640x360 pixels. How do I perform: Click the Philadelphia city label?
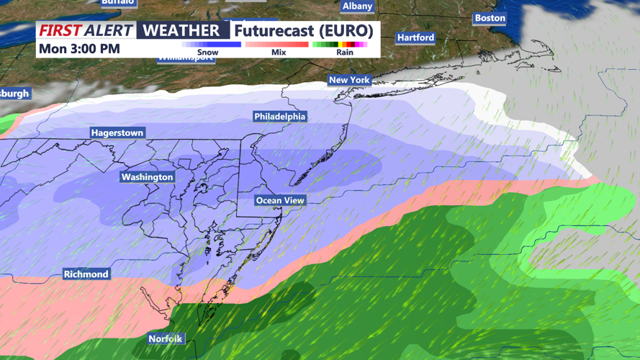(x=280, y=117)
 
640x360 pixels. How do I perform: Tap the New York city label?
(x=349, y=80)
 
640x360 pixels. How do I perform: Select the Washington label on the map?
(x=147, y=177)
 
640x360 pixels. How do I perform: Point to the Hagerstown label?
(x=117, y=133)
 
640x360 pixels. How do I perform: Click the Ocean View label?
(x=280, y=200)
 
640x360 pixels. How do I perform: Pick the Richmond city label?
(x=86, y=274)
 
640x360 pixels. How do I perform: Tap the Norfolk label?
(x=166, y=338)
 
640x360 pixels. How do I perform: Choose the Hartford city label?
(x=415, y=37)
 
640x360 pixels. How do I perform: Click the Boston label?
(x=490, y=18)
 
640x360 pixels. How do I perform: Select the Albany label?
(x=357, y=6)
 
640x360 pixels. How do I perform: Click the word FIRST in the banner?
(x=60, y=30)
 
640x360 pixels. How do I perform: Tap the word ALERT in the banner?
(x=109, y=30)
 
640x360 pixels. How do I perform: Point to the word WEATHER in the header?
(x=183, y=30)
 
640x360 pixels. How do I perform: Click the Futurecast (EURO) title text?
(x=304, y=30)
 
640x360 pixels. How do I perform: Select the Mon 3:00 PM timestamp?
(x=79, y=49)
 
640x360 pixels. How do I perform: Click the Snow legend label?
(x=207, y=53)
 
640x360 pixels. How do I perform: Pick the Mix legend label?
(x=278, y=53)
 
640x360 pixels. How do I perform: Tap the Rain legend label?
(x=345, y=53)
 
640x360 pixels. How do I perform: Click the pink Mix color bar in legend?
(x=277, y=45)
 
